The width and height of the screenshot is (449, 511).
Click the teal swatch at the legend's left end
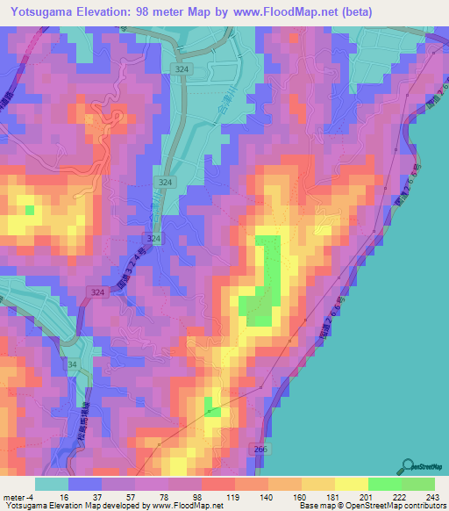pyautogui.click(x=52, y=484)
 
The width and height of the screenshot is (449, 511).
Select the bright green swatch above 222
pyautogui.click(x=385, y=484)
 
